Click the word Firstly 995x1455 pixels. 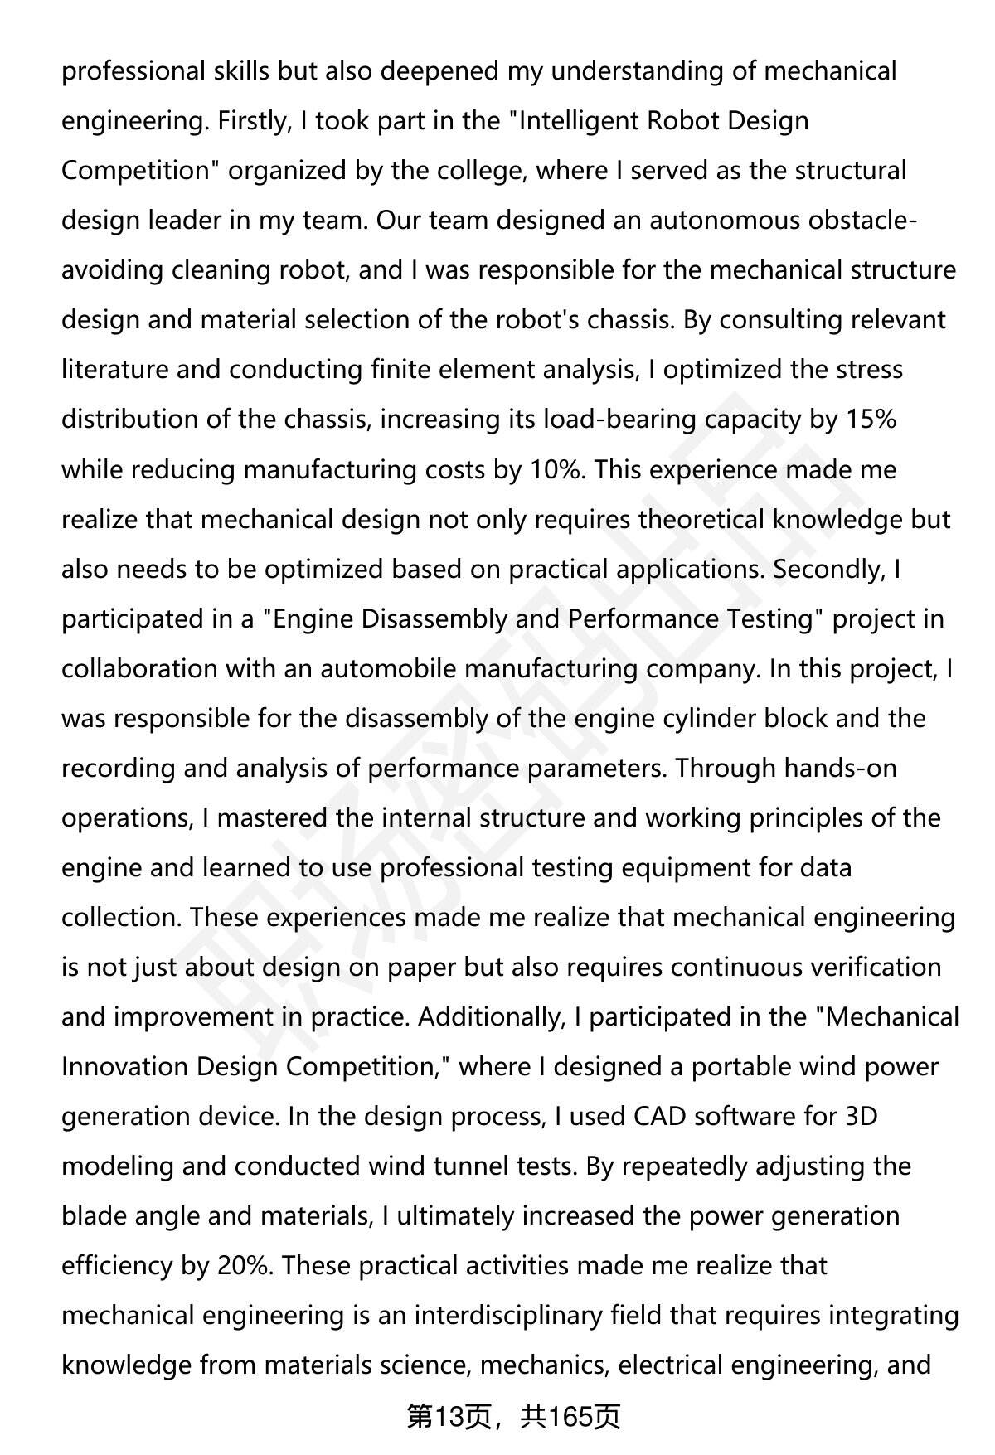(x=253, y=121)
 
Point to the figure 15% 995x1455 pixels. (x=870, y=420)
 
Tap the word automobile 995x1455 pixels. (x=388, y=669)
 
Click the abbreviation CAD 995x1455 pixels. (x=660, y=1117)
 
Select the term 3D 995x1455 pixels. (x=861, y=1117)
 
